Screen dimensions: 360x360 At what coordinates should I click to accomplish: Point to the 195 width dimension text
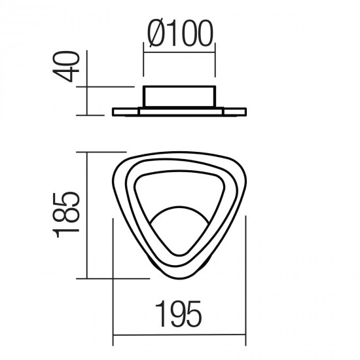(179, 317)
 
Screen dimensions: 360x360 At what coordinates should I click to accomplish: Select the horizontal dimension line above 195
(179, 338)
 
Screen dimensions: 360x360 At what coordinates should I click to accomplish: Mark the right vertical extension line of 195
(245, 281)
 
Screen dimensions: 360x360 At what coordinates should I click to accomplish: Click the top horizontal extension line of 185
(105, 152)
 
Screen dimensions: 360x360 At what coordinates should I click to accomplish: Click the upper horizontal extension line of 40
(108, 85)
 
